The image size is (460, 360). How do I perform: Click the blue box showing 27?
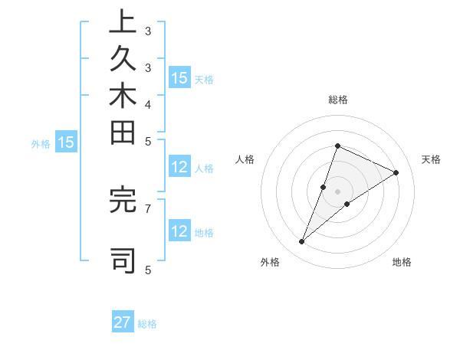pos(123,322)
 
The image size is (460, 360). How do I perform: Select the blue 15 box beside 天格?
pos(179,78)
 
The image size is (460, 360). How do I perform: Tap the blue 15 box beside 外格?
pos(67,142)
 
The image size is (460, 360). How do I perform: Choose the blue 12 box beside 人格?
pos(179,168)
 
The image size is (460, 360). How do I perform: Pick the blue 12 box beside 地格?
pos(179,231)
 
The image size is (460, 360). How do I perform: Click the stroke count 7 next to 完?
pos(148,208)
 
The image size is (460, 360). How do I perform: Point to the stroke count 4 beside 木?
pos(148,103)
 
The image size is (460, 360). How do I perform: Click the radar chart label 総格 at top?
pos(338,100)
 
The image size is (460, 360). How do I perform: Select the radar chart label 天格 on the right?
pos(431,159)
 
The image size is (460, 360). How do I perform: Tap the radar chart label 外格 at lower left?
pos(270,263)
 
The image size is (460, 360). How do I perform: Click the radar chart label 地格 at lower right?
pos(402,263)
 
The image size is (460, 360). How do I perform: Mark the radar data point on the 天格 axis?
pos(396,172)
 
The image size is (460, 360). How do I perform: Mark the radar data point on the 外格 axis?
pos(302,242)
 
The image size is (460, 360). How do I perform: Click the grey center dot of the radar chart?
pos(338,191)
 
